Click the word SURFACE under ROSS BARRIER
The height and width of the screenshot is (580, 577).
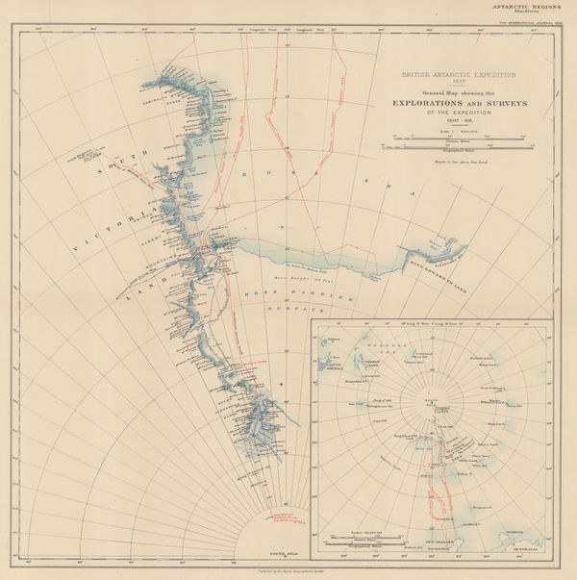coord(306,312)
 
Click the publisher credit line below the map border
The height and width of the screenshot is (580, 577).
coord(288,574)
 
